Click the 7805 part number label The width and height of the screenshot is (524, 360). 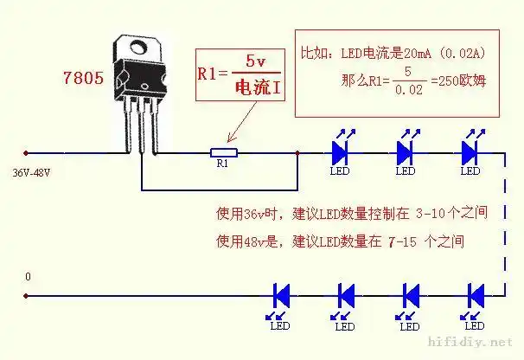83,78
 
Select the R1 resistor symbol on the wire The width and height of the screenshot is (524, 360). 223,153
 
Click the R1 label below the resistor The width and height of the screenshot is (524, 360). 223,164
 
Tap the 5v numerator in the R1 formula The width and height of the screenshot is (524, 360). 256,61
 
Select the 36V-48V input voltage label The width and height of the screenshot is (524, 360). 31,172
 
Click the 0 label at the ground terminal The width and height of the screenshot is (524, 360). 28,277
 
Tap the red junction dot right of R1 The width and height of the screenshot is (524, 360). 297,153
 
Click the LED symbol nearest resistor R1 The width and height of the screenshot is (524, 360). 340,152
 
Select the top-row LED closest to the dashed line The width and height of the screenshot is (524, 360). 470,152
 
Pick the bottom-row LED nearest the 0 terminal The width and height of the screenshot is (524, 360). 281,295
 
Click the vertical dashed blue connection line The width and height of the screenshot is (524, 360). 504,225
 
